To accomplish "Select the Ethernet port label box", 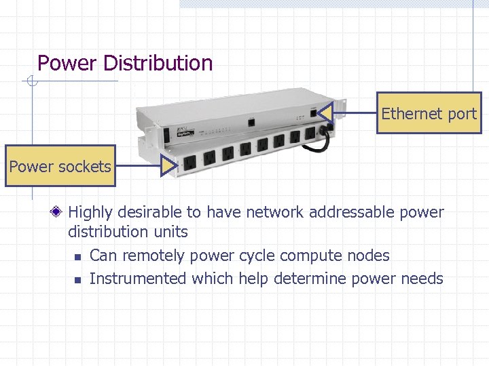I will point(429,113).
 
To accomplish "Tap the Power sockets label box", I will point(60,166).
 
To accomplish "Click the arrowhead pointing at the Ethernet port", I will point(325,113).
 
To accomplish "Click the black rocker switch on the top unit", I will point(164,135).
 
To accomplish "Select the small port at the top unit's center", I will point(251,123).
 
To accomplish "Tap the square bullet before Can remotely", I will point(77,257).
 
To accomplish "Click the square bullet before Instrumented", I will point(77,279).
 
